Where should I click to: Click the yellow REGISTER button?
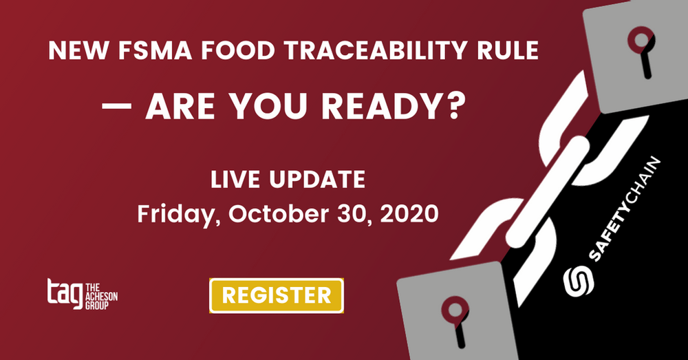pos(277,295)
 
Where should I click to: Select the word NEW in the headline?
pos(78,50)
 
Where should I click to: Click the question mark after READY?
pos(455,106)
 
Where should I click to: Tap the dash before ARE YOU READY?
pos(117,106)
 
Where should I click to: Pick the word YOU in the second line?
pos(268,106)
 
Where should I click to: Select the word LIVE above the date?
pos(235,180)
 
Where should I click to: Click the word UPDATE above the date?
pos(317,180)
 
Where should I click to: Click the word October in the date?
pos(279,213)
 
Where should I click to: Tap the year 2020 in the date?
pos(409,213)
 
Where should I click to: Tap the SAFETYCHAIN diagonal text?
pos(624,209)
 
